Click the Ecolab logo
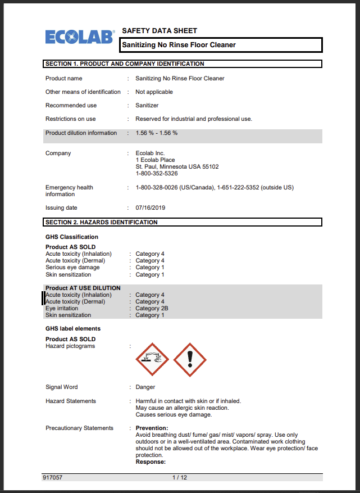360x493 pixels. (80, 37)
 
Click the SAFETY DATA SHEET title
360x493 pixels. (160, 31)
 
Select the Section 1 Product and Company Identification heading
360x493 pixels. (125, 64)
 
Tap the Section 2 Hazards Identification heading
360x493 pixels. (102, 222)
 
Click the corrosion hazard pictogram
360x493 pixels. (152, 359)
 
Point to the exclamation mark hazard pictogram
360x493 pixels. (190, 359)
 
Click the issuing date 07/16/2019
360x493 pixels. (151, 208)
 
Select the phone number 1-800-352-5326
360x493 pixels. (157, 174)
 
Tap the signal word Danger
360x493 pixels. (145, 387)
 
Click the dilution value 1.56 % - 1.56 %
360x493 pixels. (157, 133)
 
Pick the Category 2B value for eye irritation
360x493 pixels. (152, 309)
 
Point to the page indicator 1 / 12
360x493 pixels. (180, 477)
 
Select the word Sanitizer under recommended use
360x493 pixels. (147, 106)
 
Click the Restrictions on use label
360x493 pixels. (71, 119)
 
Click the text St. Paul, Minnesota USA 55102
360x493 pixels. (177, 167)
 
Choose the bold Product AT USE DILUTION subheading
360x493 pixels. (83, 288)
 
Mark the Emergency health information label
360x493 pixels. (69, 191)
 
